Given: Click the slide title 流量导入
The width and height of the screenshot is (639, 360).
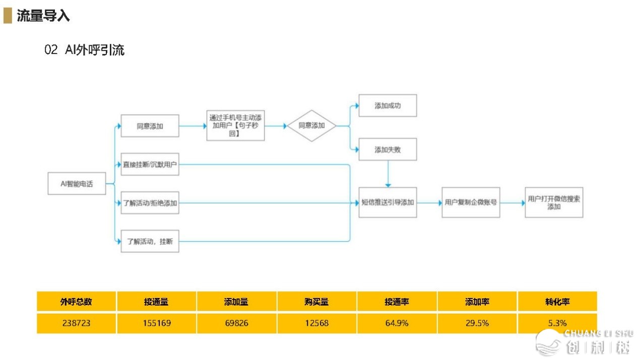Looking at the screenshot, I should [43, 16].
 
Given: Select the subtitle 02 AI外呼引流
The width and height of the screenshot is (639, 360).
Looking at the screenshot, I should [84, 50].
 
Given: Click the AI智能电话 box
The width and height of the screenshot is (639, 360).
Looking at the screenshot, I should [77, 184].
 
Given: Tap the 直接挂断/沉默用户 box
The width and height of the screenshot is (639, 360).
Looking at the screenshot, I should [150, 164].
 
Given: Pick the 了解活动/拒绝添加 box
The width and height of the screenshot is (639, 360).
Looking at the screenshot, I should [150, 203].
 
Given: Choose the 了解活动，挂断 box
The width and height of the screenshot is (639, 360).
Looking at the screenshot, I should [150, 242].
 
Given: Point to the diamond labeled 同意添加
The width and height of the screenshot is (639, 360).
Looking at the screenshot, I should [311, 126].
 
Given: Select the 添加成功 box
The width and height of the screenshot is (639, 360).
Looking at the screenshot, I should [388, 106].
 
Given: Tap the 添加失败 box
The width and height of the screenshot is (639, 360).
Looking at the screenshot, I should [388, 149].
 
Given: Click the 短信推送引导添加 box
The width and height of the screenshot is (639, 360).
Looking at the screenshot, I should [388, 203].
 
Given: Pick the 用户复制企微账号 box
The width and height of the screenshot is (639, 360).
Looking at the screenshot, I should [471, 203].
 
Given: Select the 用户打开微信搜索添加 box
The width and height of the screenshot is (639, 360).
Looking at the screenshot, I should [554, 203].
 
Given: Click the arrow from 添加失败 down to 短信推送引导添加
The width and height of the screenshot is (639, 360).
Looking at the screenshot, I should [388, 174].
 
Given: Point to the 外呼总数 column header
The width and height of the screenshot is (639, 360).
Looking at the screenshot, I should [76, 302].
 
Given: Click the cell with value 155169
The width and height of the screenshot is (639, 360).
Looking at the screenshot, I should [156, 323].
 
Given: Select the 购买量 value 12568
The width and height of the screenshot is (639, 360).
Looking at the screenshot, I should [316, 323].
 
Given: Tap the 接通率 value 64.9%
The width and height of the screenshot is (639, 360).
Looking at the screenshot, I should [397, 323].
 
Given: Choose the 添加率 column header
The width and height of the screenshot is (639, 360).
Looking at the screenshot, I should [477, 302].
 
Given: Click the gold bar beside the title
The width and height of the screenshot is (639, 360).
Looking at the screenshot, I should [7, 16].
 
